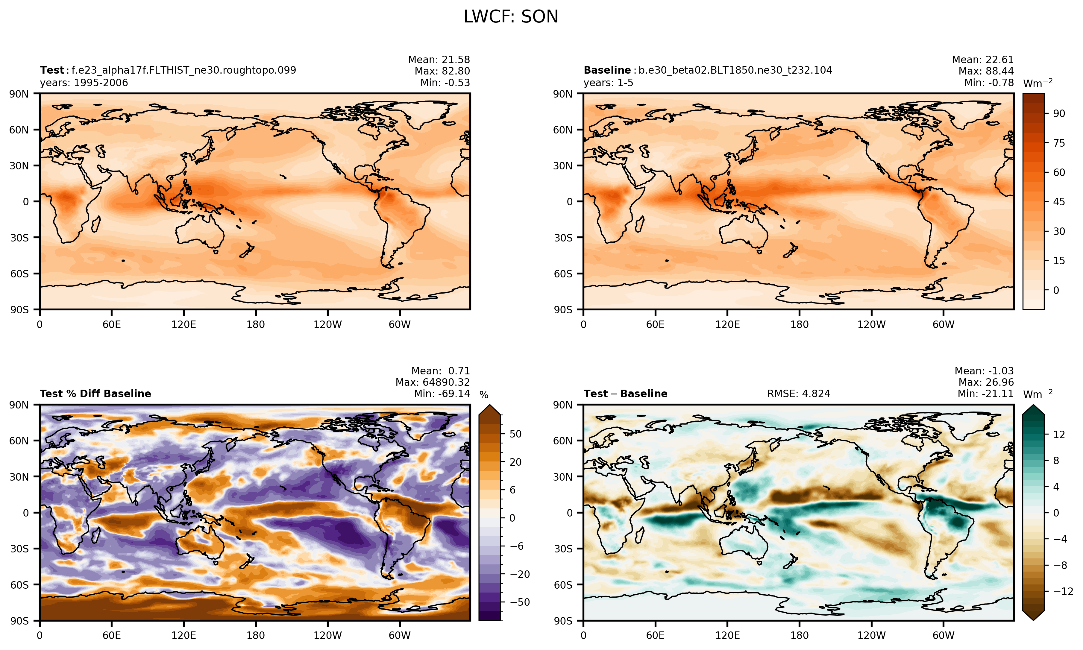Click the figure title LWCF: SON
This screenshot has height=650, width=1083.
(x=511, y=17)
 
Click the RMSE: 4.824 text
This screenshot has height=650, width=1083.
(x=799, y=394)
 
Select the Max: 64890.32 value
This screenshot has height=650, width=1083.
(x=433, y=382)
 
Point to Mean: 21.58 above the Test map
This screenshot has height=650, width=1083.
(x=439, y=60)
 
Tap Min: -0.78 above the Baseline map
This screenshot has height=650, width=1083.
(x=989, y=83)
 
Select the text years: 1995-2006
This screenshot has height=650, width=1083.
(x=84, y=83)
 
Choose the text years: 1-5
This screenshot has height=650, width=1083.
(x=608, y=83)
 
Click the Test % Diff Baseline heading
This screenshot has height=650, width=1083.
(x=95, y=394)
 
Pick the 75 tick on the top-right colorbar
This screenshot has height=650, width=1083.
(x=1059, y=143)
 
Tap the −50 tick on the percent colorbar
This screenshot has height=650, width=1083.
(x=520, y=602)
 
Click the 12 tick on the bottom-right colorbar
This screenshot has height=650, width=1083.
(x=1059, y=435)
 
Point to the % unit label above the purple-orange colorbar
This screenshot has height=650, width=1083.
(x=484, y=395)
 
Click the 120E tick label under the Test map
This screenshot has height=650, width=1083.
(x=183, y=325)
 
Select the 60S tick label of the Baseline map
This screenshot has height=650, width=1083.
(x=563, y=274)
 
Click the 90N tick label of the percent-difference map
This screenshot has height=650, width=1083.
(x=19, y=405)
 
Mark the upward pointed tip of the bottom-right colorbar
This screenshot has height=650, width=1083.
(x=1034, y=406)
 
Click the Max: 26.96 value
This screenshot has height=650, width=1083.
(x=986, y=382)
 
